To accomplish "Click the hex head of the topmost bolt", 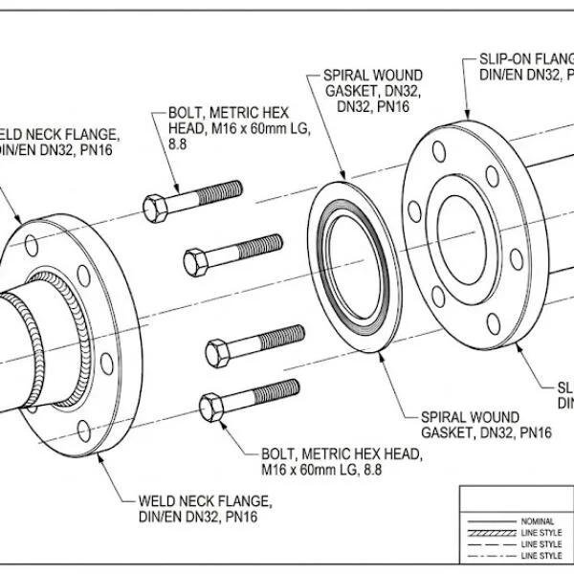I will coord(156,207).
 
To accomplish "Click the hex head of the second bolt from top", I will coord(195,261).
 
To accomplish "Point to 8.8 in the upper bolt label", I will coord(178,143).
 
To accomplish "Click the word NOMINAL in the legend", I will coord(539,520).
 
